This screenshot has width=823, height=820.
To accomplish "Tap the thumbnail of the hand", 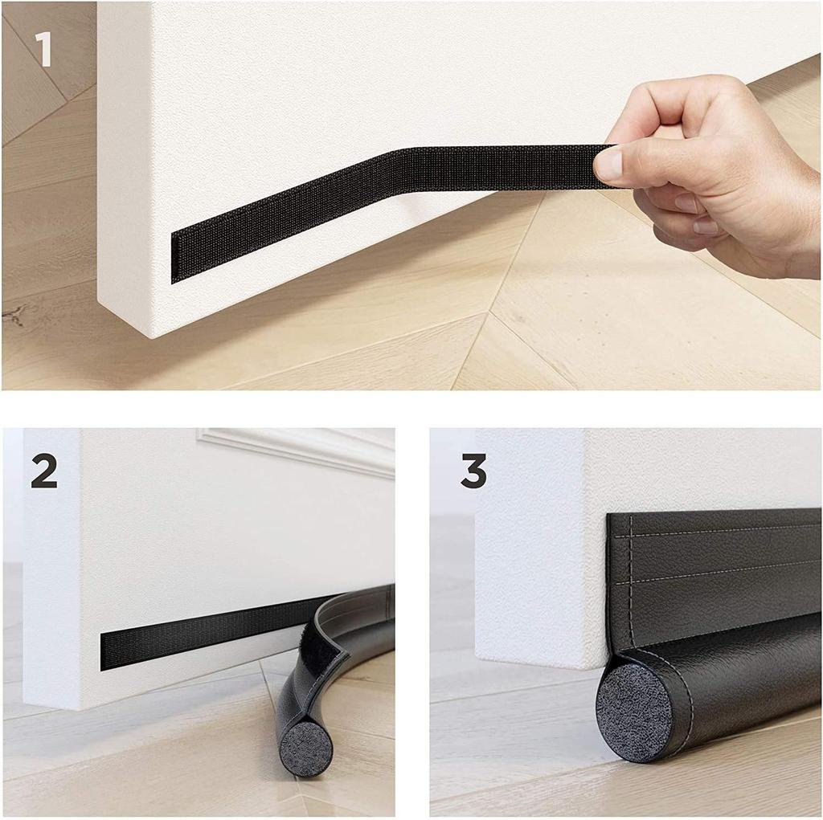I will pos(608,163).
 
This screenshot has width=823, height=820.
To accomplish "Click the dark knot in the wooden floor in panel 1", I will pos(14,316).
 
